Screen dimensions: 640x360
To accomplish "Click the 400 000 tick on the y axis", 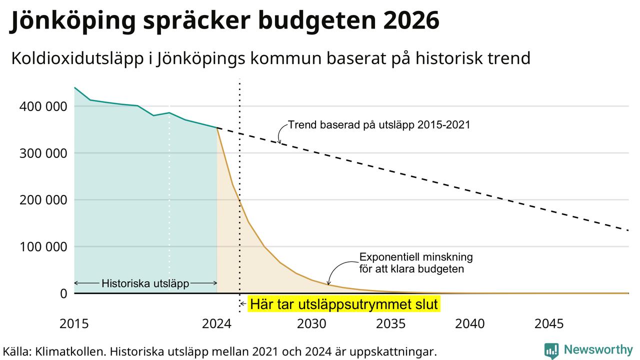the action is [43, 106].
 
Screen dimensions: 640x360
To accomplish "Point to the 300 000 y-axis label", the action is [43, 153].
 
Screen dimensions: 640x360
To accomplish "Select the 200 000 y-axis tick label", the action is [43, 200].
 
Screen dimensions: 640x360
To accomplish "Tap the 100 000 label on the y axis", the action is [43, 247].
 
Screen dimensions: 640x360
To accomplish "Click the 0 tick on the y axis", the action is [63, 293].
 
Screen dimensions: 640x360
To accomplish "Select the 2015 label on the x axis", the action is [74, 324].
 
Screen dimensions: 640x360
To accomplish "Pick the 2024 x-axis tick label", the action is [216, 324].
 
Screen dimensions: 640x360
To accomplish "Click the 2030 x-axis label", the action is [311, 324].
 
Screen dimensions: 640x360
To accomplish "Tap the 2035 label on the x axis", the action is [390, 324].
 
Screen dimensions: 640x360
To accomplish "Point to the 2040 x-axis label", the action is [469, 324].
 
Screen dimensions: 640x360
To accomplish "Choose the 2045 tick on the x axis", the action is [549, 324].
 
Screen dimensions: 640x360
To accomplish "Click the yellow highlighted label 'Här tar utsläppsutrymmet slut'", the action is [343, 304].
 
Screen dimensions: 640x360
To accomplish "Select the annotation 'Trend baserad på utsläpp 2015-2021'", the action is [379, 125].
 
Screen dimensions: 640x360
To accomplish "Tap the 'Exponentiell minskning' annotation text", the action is [416, 257].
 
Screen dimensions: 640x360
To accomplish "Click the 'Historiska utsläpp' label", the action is [145, 283].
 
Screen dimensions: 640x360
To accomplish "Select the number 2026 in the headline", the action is [410, 20].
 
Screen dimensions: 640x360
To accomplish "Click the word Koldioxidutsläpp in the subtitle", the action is [77, 59].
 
